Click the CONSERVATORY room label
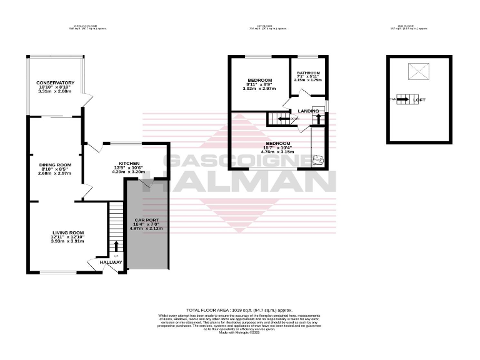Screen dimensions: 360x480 point(55,83)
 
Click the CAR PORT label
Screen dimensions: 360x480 point(147,220)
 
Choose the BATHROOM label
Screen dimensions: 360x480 point(307,72)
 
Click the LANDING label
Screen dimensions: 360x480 point(308,111)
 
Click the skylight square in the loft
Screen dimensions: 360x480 point(417,72)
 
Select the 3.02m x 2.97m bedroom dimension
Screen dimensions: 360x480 point(259,88)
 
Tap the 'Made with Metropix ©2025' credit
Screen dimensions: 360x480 point(239,332)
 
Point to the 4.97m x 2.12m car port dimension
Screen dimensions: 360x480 point(147,229)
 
